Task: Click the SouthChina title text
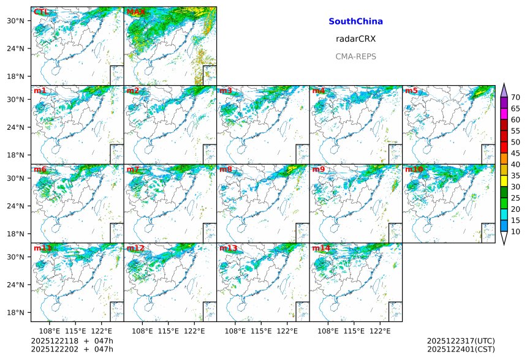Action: click(355, 21)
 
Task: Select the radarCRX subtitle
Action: click(355, 39)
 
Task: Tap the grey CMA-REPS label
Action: click(355, 56)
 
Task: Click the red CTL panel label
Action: click(42, 12)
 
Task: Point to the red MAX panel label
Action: click(135, 12)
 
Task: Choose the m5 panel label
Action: click(411, 91)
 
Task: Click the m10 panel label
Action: click(414, 170)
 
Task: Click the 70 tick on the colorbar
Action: click(515, 97)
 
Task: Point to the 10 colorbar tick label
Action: click(515, 231)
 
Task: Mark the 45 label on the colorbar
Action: click(515, 153)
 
